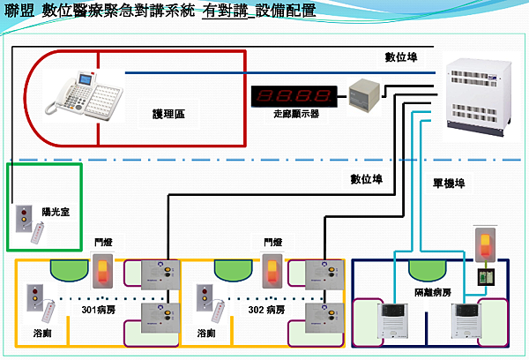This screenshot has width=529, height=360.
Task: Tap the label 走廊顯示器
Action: coord(295,114)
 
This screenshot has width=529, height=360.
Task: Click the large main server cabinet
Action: coord(477,96)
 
